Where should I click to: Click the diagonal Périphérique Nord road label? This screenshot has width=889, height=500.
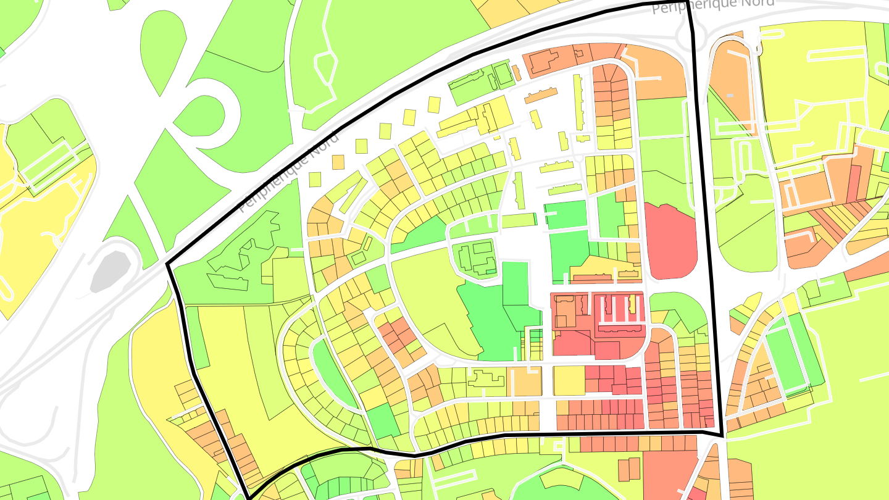[x=289, y=171]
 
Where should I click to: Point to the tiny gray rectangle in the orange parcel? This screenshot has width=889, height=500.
[x=730, y=95]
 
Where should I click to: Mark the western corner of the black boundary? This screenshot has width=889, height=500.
[x=168, y=265]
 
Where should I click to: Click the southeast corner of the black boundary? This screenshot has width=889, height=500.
[x=722, y=436]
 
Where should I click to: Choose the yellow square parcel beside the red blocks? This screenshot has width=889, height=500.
[x=569, y=380]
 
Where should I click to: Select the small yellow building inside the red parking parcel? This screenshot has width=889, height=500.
[x=632, y=303]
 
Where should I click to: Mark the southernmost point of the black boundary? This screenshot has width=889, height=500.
[x=249, y=497]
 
